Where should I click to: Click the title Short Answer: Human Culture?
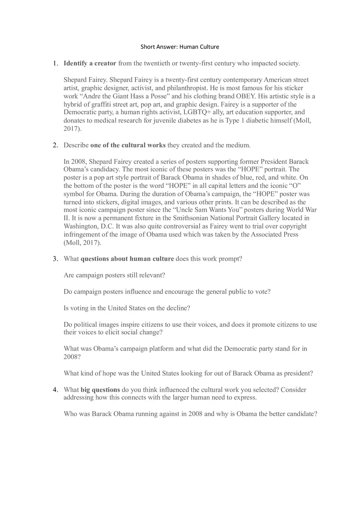[180, 47]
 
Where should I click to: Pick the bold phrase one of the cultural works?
[128, 145]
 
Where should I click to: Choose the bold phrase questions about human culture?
[127, 259]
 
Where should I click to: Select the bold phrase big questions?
[100, 390]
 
